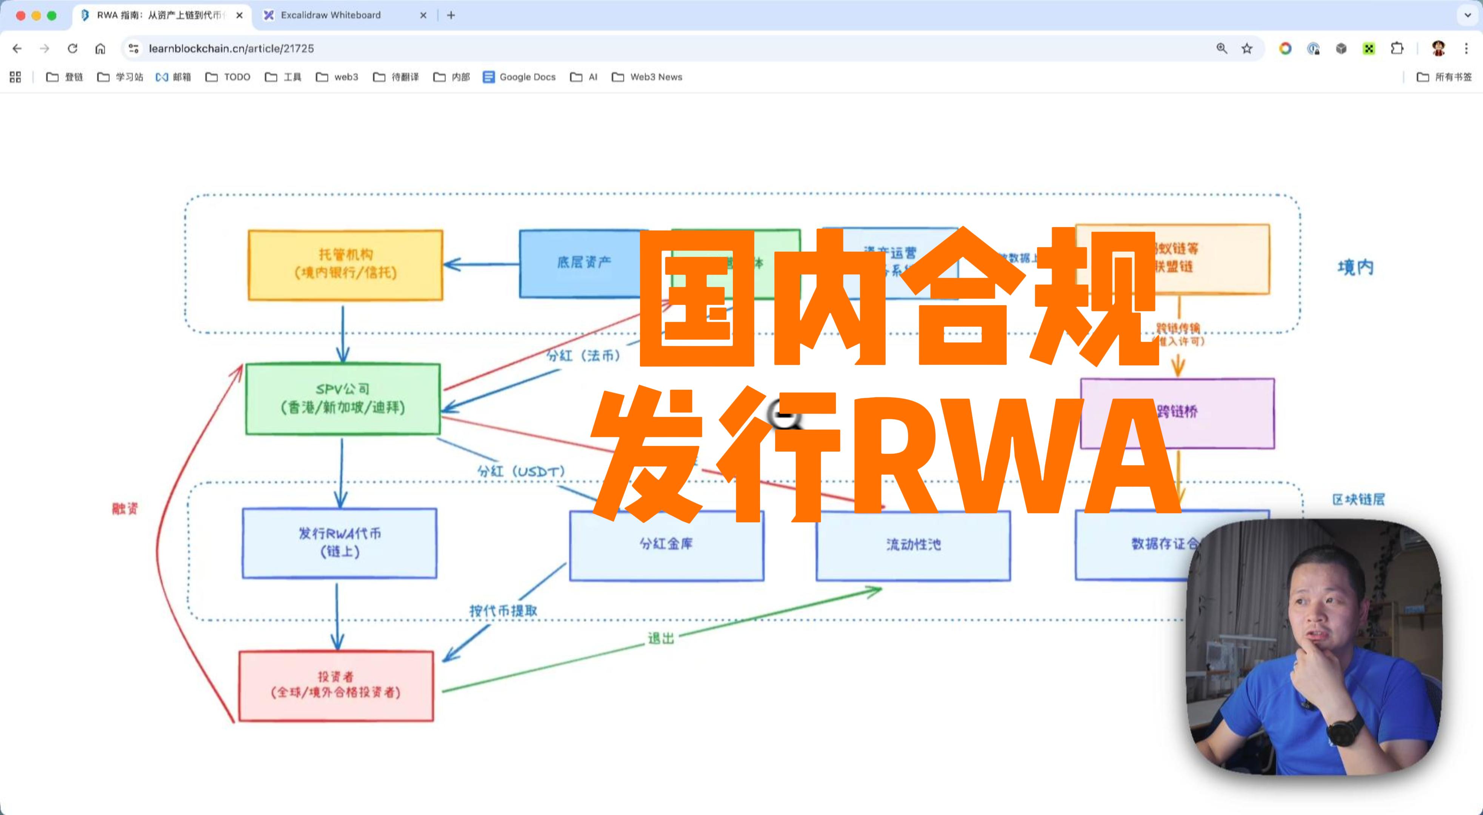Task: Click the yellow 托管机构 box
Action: [x=345, y=265]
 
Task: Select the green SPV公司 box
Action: [x=343, y=398]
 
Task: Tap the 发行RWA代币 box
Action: [x=340, y=543]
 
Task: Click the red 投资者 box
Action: [x=336, y=685]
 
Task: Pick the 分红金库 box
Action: [x=666, y=544]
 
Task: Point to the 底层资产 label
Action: [x=583, y=263]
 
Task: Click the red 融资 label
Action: [x=125, y=509]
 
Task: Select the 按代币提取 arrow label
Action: [x=503, y=610]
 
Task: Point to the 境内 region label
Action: [x=1355, y=268]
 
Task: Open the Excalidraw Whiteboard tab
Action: [x=331, y=15]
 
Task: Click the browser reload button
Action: [x=72, y=48]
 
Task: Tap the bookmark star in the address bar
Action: [x=1247, y=48]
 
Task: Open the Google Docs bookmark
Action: [x=520, y=77]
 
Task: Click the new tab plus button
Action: [x=451, y=15]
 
